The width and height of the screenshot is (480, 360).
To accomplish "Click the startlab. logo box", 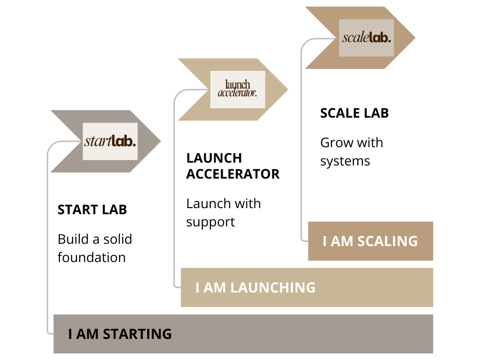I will pos(110,141).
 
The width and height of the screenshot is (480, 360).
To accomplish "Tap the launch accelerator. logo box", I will pos(238,90).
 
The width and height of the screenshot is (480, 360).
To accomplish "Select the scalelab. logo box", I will pos(367,38).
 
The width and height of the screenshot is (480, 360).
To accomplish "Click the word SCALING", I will pos(387,241).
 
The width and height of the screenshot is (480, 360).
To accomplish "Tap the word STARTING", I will pos(137,334).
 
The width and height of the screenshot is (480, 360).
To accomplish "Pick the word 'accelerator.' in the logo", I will pos(238,93).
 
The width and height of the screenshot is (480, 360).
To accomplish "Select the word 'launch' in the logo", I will pos(238,85).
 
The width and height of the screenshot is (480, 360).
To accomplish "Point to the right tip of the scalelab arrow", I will pos(414,38).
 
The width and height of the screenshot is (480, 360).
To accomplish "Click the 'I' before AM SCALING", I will pos(325,241).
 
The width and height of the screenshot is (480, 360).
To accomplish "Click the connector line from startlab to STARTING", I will pos(47,234).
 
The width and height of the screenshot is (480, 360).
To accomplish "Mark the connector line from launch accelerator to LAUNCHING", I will pos(174,187).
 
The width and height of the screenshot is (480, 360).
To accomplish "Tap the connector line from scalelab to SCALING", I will pos(301,141).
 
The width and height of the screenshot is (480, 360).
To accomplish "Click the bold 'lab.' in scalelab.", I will pos(380,38).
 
